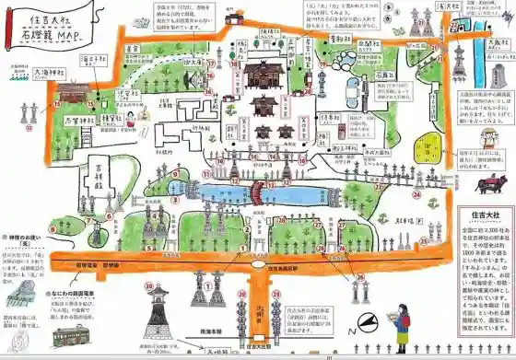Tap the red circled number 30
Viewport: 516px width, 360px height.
[148, 287]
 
